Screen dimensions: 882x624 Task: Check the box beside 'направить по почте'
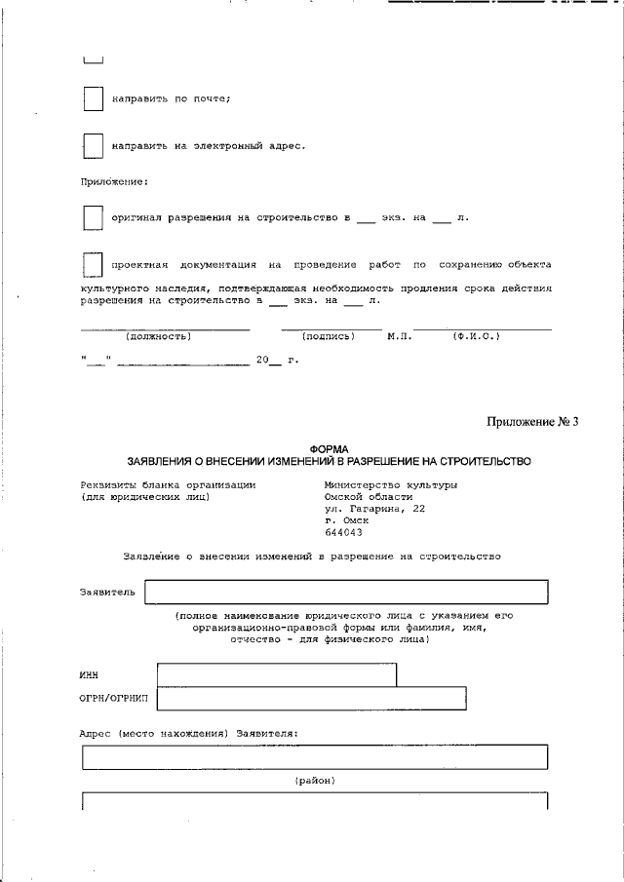point(93,99)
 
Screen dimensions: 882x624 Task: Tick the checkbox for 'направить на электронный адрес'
point(93,146)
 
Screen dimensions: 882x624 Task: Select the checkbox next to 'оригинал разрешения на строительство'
point(93,218)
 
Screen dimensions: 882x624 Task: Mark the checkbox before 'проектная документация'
point(93,265)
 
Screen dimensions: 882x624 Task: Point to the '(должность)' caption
point(159,336)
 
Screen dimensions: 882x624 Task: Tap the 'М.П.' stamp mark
point(399,336)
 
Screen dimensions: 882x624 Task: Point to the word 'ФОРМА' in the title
point(328,448)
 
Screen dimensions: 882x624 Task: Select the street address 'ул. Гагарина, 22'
point(374,509)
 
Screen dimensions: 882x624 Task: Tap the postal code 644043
point(342,532)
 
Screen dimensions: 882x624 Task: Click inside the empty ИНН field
point(276,674)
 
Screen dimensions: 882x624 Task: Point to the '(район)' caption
point(315,781)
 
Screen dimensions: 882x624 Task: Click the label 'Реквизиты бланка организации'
point(168,484)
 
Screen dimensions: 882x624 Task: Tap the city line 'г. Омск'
point(346,520)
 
